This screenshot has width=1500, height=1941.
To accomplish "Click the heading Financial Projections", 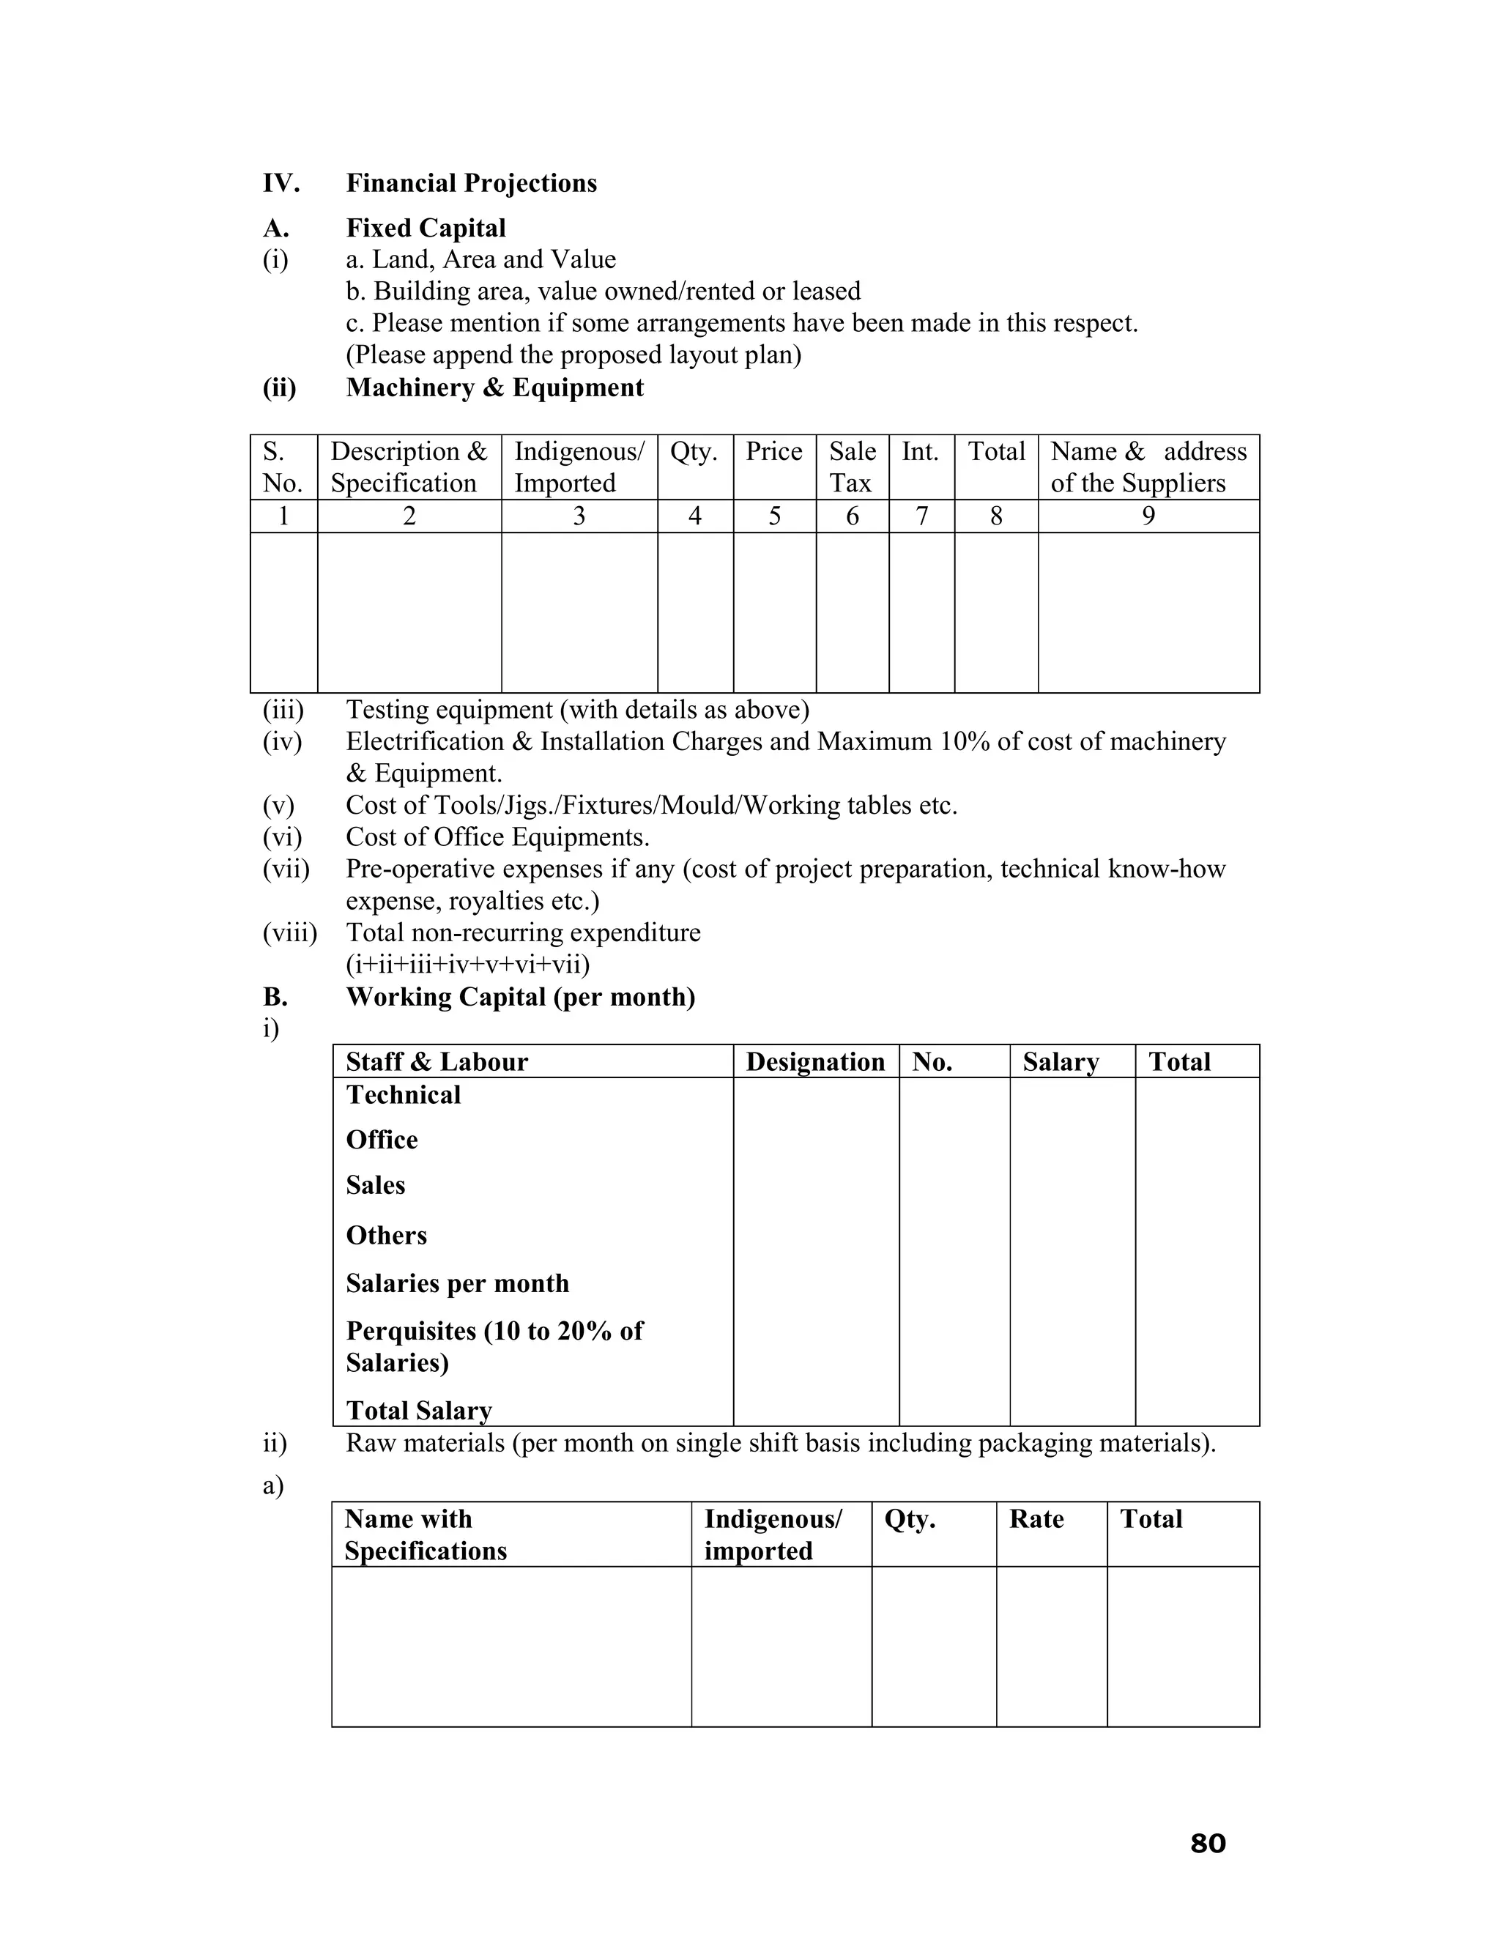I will [471, 183].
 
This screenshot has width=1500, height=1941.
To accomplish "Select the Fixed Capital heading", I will [426, 229].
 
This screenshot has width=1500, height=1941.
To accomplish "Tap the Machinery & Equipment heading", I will [494, 387].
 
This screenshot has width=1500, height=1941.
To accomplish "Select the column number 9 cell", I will [1148, 516].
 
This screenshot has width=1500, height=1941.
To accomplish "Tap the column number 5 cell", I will [774, 516].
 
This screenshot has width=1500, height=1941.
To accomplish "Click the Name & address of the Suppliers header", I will [1148, 467].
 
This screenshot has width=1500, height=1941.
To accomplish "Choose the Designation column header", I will [815, 1062].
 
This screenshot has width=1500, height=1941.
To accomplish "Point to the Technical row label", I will [404, 1095].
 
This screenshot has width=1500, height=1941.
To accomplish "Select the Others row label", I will [387, 1236].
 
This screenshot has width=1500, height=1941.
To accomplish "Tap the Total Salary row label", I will [418, 1411].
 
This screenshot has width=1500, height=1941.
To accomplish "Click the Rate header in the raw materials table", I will [1036, 1519].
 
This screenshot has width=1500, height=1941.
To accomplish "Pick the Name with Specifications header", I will [425, 1534].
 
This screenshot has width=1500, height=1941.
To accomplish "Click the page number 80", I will [1208, 1844].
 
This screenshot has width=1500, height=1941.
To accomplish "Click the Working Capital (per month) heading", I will [521, 997].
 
